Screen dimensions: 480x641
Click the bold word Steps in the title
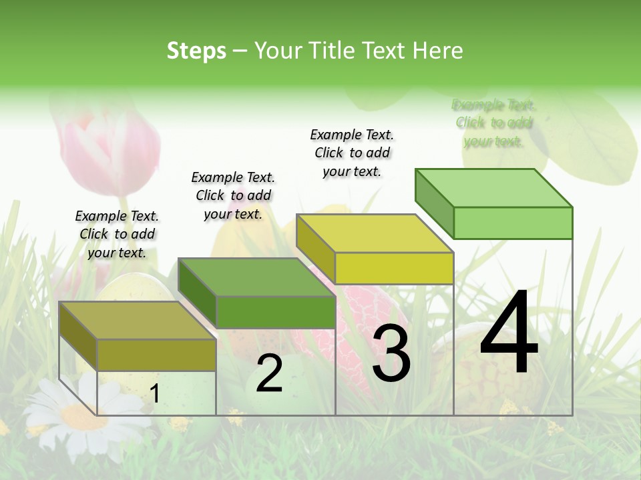pyautogui.click(x=196, y=51)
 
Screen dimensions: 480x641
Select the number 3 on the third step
pyautogui.click(x=391, y=354)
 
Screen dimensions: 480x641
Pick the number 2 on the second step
pyautogui.click(x=269, y=373)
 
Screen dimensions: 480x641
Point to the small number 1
pyautogui.click(x=155, y=393)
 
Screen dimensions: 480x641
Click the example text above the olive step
pyautogui.click(x=117, y=234)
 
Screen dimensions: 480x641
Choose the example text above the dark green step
pyautogui.click(x=233, y=195)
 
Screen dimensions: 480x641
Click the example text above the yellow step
pyautogui.click(x=352, y=153)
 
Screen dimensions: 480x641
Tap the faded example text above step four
pyautogui.click(x=493, y=123)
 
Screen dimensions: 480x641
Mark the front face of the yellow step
pyautogui.click(x=394, y=268)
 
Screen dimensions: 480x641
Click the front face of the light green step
pyautogui.click(x=513, y=223)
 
